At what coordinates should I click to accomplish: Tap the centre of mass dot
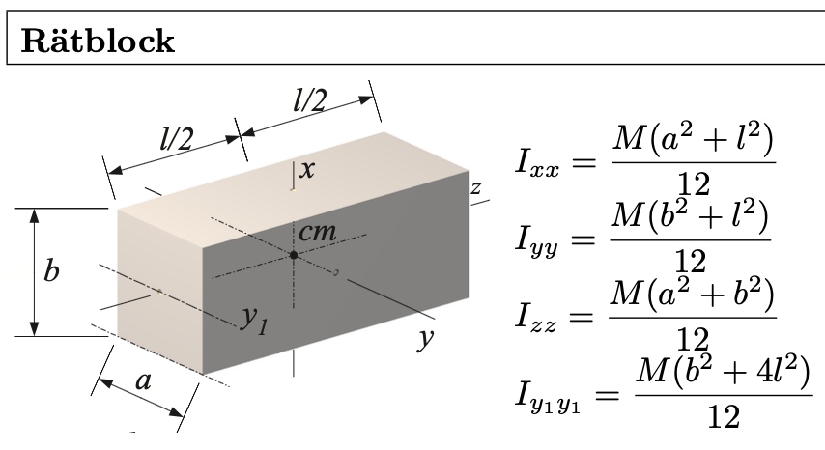[293, 255]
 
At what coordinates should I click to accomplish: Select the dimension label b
[52, 271]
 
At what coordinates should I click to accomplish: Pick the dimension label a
[143, 381]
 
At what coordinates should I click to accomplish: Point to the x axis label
[307, 170]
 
